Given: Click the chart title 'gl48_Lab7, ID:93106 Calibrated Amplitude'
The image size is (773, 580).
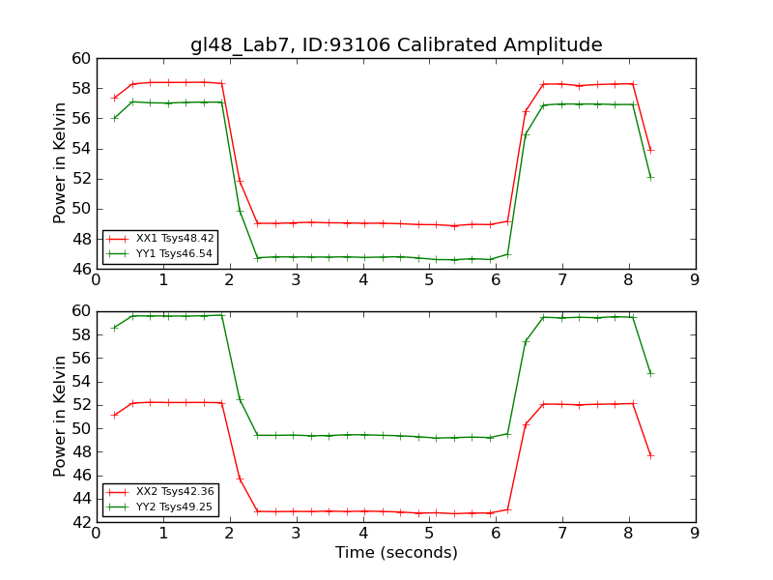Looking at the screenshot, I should pyautogui.click(x=396, y=44).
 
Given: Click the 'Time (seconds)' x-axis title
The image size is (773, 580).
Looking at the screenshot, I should pyautogui.click(x=396, y=553).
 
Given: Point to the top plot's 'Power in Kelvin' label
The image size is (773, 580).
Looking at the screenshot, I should pyautogui.click(x=60, y=162).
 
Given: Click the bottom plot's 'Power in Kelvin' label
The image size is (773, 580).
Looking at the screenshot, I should pyautogui.click(x=60, y=416).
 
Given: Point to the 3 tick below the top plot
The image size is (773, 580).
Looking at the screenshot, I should pyautogui.click(x=296, y=280).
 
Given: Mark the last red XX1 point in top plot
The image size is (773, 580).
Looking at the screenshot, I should pyautogui.click(x=650, y=150).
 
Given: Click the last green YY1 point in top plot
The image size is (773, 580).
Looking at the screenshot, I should pyautogui.click(x=650, y=177).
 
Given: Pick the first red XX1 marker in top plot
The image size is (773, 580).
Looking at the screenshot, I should pyautogui.click(x=114, y=98).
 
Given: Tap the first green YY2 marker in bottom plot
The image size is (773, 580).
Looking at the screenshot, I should pyautogui.click(x=114, y=328).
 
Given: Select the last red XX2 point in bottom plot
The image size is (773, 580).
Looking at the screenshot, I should pyautogui.click(x=650, y=455).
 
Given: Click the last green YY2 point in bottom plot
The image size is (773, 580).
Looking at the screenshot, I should pyautogui.click(x=650, y=373).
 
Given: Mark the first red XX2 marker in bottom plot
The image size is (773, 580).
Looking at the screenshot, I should pyautogui.click(x=114, y=415).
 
